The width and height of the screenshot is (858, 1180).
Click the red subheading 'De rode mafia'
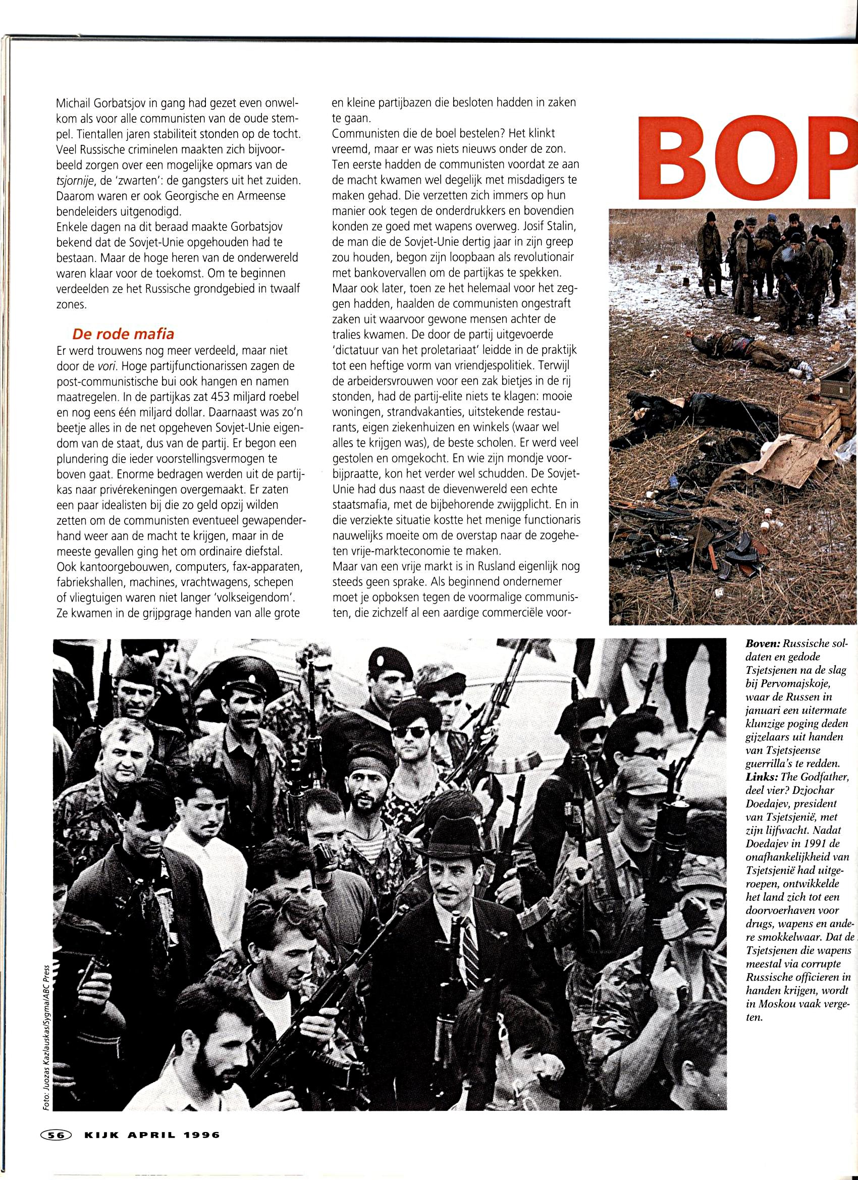point(123,333)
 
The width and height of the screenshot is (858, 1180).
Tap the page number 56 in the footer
point(52,1132)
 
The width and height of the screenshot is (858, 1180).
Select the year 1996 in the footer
point(201,1132)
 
